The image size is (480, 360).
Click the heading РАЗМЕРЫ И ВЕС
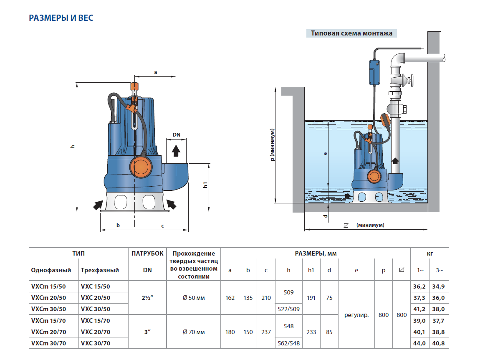(x=61, y=18)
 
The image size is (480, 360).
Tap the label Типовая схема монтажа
(x=351, y=33)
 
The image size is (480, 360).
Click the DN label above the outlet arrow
(x=176, y=134)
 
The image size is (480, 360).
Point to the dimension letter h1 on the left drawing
(x=205, y=185)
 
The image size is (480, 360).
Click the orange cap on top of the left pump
(x=134, y=86)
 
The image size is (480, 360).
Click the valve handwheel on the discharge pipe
(x=411, y=80)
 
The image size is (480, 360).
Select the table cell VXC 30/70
(x=96, y=343)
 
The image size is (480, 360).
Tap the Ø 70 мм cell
(x=194, y=332)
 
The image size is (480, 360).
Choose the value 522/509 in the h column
(x=288, y=309)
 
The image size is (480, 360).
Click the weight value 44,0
(x=419, y=343)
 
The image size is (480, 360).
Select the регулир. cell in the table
(x=356, y=315)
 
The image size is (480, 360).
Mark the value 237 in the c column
(x=266, y=332)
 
